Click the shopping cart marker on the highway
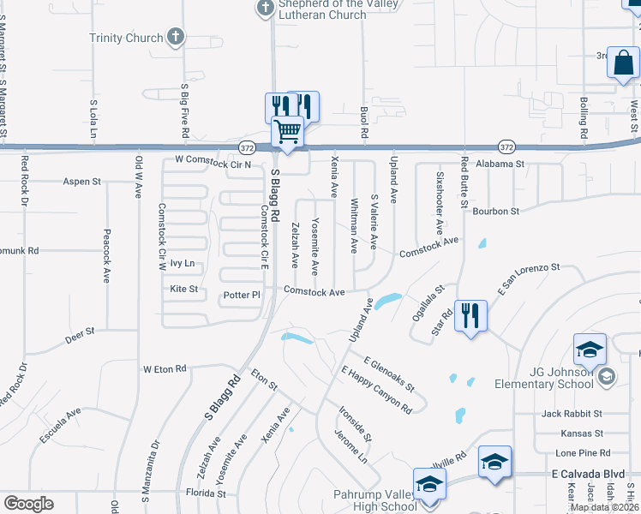[288, 133]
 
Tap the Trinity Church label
[126, 38]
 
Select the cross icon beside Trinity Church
[176, 37]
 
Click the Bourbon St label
[495, 211]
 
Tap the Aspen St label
[82, 182]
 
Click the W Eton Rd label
[165, 369]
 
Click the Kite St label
[184, 290]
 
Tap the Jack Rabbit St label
[572, 413]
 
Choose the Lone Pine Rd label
[582, 453]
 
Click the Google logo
[28, 504]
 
